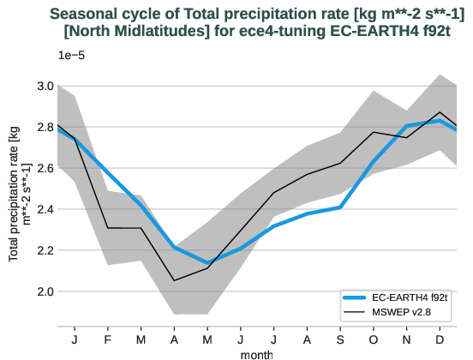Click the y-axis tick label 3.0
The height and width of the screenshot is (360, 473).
pyautogui.click(x=44, y=86)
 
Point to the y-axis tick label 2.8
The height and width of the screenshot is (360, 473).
pyautogui.click(x=44, y=127)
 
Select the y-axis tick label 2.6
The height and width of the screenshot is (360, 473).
pyautogui.click(x=44, y=168)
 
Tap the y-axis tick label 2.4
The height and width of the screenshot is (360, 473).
pyautogui.click(x=44, y=209)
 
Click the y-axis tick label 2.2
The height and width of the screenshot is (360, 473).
pyautogui.click(x=44, y=250)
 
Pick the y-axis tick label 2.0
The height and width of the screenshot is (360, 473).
pyautogui.click(x=44, y=291)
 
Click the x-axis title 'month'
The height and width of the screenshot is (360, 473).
pyautogui.click(x=256, y=353)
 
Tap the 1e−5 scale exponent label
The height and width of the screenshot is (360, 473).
pyautogui.click(x=72, y=56)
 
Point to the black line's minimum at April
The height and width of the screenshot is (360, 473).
pyautogui.click(x=175, y=280)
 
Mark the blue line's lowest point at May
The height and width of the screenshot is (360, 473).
pyautogui.click(x=207, y=262)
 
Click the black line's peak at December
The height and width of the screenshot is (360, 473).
pyautogui.click(x=440, y=112)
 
